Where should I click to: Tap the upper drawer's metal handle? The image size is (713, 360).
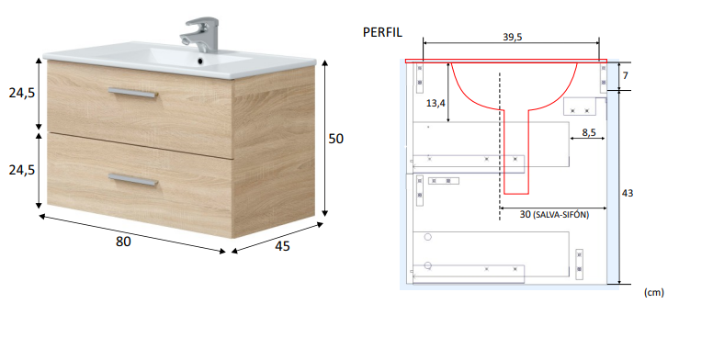(x=134, y=90)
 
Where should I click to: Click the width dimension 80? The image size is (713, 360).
(x=123, y=242)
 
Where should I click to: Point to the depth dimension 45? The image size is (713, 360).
(x=283, y=245)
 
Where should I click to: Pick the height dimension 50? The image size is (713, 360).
(x=336, y=139)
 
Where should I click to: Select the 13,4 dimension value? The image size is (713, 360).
(x=436, y=103)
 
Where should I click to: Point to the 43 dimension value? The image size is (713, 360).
(x=628, y=193)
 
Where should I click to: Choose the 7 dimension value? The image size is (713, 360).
(x=626, y=73)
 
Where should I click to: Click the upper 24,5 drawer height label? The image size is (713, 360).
(x=22, y=93)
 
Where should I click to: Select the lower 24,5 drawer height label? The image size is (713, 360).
(x=22, y=170)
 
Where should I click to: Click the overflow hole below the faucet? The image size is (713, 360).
(x=198, y=62)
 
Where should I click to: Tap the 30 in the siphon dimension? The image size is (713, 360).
(x=525, y=214)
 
